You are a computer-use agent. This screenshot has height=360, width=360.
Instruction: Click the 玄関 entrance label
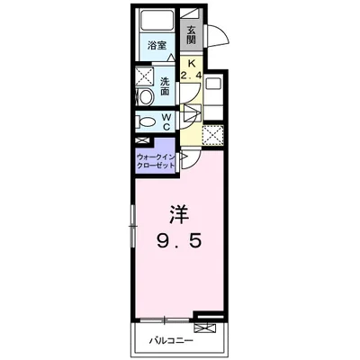191,35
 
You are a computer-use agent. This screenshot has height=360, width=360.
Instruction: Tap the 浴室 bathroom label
157,46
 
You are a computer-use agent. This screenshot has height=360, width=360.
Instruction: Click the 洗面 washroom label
164,86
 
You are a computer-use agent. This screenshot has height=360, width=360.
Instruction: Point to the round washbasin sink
146,96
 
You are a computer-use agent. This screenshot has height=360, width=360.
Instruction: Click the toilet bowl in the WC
146,121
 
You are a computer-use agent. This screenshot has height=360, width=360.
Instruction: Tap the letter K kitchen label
191,63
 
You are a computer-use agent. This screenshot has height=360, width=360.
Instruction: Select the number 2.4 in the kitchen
191,76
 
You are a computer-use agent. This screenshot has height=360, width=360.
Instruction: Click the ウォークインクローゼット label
155,161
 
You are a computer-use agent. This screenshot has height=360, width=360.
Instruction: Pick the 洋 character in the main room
179,214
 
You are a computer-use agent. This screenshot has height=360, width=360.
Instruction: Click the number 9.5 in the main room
179,240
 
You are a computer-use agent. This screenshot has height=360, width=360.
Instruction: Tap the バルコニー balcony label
171,341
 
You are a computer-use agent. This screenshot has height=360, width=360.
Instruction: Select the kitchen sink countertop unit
213,97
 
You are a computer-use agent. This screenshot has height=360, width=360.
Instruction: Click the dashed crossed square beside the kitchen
212,136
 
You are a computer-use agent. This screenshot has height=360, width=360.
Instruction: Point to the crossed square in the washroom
144,76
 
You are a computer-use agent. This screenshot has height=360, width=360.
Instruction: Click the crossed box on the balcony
205,328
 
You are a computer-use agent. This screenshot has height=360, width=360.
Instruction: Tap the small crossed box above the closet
142,140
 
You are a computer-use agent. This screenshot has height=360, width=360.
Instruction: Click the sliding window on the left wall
132,226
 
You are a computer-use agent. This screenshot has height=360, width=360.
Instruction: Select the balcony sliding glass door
165,320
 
